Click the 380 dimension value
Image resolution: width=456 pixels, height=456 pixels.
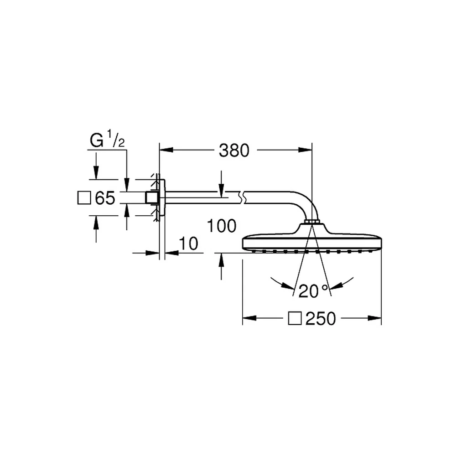point(234,150)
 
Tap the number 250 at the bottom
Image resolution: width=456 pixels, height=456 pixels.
point(321,318)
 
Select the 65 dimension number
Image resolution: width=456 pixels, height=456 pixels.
point(105,198)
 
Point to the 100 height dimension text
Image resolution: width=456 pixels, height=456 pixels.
point(222,226)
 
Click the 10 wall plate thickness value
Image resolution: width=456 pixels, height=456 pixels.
point(188,244)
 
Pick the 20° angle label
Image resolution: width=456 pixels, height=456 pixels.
point(313,291)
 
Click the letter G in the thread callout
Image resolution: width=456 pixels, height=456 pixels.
point(97,140)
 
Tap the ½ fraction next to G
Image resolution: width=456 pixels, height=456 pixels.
point(116,138)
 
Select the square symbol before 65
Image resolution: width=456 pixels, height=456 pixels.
point(84,198)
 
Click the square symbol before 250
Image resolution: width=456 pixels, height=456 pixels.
point(295,318)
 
